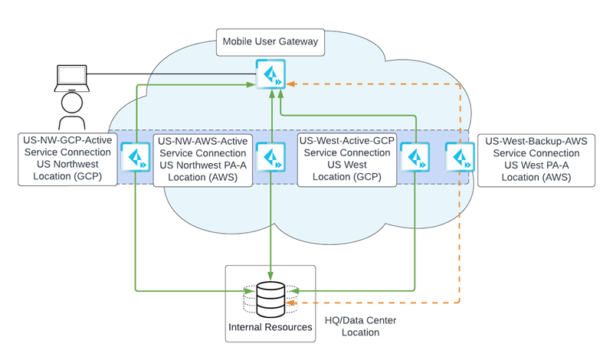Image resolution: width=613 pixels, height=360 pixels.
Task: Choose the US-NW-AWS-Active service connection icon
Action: click(x=270, y=157)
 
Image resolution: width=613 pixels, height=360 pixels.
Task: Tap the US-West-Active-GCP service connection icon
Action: click(x=415, y=157)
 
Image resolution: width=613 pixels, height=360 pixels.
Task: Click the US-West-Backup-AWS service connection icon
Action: click(x=459, y=157)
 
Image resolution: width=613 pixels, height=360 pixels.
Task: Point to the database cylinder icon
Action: click(x=270, y=297)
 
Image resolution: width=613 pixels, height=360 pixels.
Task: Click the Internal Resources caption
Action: click(x=270, y=327)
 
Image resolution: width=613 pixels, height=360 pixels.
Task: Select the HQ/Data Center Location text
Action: click(x=359, y=327)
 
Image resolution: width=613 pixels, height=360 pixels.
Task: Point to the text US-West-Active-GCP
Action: click(x=346, y=141)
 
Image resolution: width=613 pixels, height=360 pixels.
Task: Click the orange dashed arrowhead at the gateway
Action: click(x=291, y=83)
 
